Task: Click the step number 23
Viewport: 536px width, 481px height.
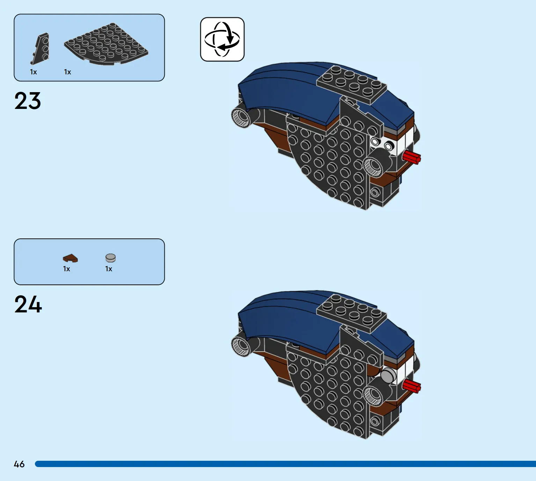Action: click(28, 101)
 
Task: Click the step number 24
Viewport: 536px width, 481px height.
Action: click(28, 304)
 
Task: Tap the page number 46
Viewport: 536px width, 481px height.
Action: click(19, 464)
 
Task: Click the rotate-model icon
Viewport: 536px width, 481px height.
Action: click(222, 39)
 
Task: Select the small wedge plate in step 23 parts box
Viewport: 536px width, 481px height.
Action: click(40, 49)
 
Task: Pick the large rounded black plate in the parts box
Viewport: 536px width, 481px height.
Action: click(106, 44)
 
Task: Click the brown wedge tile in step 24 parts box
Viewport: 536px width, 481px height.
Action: click(70, 258)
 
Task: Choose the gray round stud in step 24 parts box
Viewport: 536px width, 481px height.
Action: click(111, 258)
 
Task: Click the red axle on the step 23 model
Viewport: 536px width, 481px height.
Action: click(412, 157)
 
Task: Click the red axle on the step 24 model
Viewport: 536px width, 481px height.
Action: click(412, 386)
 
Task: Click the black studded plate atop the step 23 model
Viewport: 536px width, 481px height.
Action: click(351, 84)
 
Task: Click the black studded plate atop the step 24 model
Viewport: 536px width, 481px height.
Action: click(351, 313)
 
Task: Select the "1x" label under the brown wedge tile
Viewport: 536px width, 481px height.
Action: click(66, 269)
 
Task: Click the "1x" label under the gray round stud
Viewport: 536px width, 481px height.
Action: click(109, 269)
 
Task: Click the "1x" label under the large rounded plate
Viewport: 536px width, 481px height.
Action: click(67, 72)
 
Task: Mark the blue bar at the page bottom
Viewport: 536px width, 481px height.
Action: click(286, 464)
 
